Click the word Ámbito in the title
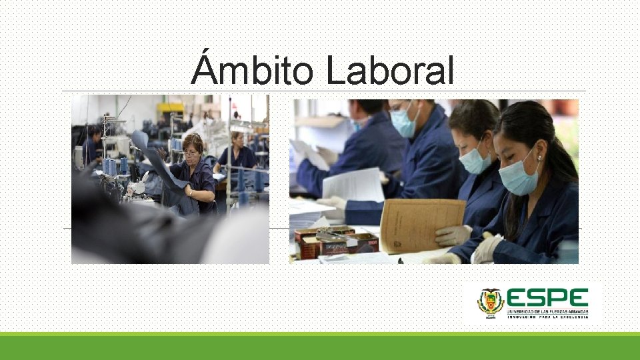pyautogui.click(x=253, y=71)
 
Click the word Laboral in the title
pyautogui.click(x=389, y=71)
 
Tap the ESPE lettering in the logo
pyautogui.click(x=547, y=298)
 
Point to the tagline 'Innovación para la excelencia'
pyautogui.click(x=548, y=317)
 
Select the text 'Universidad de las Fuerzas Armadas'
pyautogui.click(x=548, y=311)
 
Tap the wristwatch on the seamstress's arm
pyautogui.click(x=190, y=193)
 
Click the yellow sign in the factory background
pyautogui.click(x=169, y=107)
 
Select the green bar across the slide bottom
pyautogui.click(x=320, y=347)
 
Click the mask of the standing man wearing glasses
pyautogui.click(x=403, y=123)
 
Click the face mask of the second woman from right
pyautogui.click(x=475, y=160)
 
